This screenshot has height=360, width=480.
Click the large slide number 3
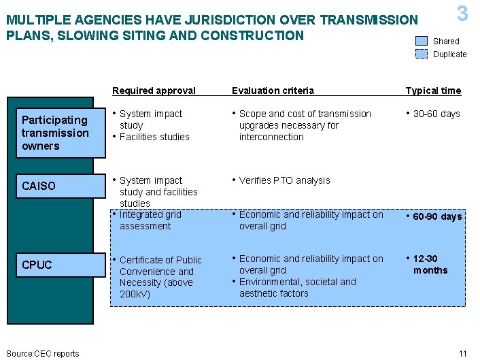pos(462,13)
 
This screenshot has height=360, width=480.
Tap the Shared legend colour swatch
pos(422,41)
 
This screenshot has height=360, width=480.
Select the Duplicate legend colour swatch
pos(422,54)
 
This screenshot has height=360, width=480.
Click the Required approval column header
pos(154,91)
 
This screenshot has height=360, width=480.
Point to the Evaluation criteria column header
pos(273,91)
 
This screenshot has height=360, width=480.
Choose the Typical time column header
pos(433,91)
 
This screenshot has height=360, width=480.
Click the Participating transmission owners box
pos(55,133)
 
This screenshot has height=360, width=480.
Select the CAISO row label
pos(39,186)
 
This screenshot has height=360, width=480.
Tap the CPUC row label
pos(37,265)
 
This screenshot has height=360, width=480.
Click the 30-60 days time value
pos(436,114)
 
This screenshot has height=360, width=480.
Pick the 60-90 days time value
pos(438,216)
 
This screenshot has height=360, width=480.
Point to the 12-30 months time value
pos(430,265)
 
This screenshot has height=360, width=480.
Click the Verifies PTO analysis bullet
pos(284,180)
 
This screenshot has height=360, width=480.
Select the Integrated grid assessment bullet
pos(150,220)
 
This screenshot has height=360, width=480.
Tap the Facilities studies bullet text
pos(154,137)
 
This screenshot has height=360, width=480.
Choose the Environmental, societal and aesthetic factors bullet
pos(297,287)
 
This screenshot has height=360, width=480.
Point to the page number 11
pos(463,353)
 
